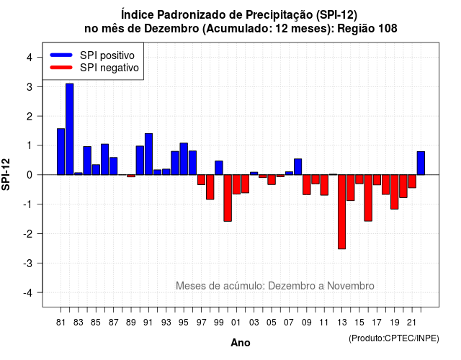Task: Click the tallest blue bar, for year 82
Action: pyautogui.click(x=70, y=130)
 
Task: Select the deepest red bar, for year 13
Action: pyautogui.click(x=341, y=212)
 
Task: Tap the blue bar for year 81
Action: pyautogui.click(x=61, y=152)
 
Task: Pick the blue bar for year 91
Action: pyautogui.click(x=149, y=154)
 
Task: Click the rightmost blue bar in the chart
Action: pyautogui.click(x=421, y=163)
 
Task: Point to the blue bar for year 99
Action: pyautogui.click(x=219, y=168)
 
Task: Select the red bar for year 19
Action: pyautogui.click(x=394, y=192)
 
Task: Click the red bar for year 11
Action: pyautogui.click(x=324, y=185)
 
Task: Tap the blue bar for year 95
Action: pyautogui.click(x=184, y=159)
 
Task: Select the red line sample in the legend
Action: pyautogui.click(x=61, y=68)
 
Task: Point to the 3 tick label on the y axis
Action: pyautogui.click(x=30, y=87)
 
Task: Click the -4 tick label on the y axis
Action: pyautogui.click(x=28, y=293)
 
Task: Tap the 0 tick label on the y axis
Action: pyautogui.click(x=30, y=175)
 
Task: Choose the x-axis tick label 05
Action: pyautogui.click(x=272, y=323)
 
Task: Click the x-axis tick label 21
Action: pyautogui.click(x=411, y=323)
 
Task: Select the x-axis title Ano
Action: pyautogui.click(x=241, y=343)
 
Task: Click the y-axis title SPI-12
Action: pyautogui.click(x=6, y=174)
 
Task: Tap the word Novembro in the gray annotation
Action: pyautogui.click(x=351, y=286)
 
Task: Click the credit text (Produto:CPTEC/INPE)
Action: pyautogui.click(x=394, y=338)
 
